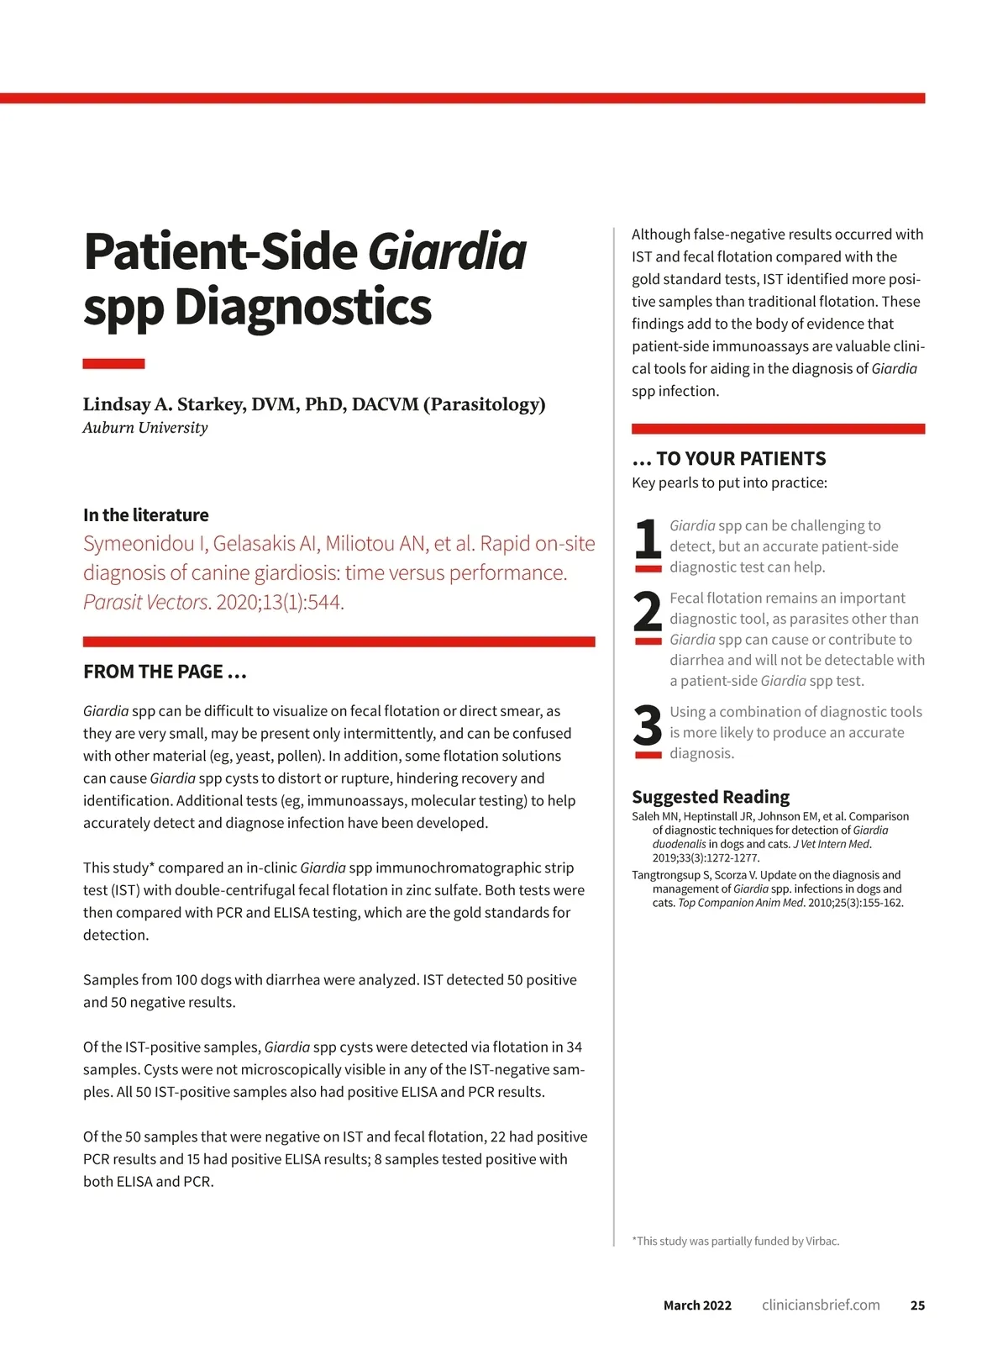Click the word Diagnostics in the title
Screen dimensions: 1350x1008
[302, 307]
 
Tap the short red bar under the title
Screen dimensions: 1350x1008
[113, 364]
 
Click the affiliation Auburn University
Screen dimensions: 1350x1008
[145, 428]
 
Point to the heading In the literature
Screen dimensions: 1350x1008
[146, 515]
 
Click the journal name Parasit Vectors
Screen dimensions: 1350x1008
[145, 603]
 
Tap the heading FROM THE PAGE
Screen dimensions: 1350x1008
[165, 672]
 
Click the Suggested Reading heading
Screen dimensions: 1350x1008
[711, 797]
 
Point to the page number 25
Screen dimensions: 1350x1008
[917, 1305]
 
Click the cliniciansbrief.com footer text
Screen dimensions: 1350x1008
[821, 1305]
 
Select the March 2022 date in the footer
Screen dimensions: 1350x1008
[697, 1305]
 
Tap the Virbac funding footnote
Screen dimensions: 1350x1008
[736, 1242]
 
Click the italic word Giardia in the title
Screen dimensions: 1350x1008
[447, 251]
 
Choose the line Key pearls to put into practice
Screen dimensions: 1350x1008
[729, 483]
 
